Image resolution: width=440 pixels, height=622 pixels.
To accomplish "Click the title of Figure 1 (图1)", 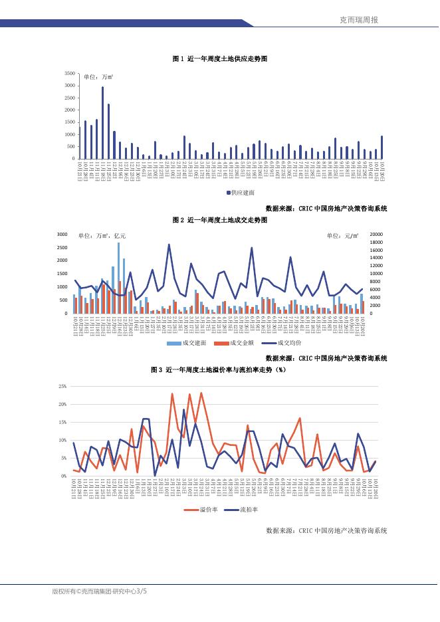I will [x=219, y=59].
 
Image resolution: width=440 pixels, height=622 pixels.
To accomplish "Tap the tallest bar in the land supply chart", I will [x=102, y=122].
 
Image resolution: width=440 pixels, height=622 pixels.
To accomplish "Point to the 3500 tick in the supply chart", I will [x=70, y=72].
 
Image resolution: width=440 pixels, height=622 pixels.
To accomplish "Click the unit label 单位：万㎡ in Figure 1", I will [x=98, y=77].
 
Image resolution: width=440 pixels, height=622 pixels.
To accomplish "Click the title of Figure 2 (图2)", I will [x=219, y=219].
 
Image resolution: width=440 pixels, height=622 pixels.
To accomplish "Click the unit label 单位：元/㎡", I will [x=342, y=235].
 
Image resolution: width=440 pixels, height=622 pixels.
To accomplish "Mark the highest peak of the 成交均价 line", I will [x=169, y=245].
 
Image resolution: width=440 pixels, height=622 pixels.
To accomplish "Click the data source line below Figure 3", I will [x=326, y=530].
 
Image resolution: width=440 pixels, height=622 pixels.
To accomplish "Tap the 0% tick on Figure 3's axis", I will [x=64, y=476].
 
